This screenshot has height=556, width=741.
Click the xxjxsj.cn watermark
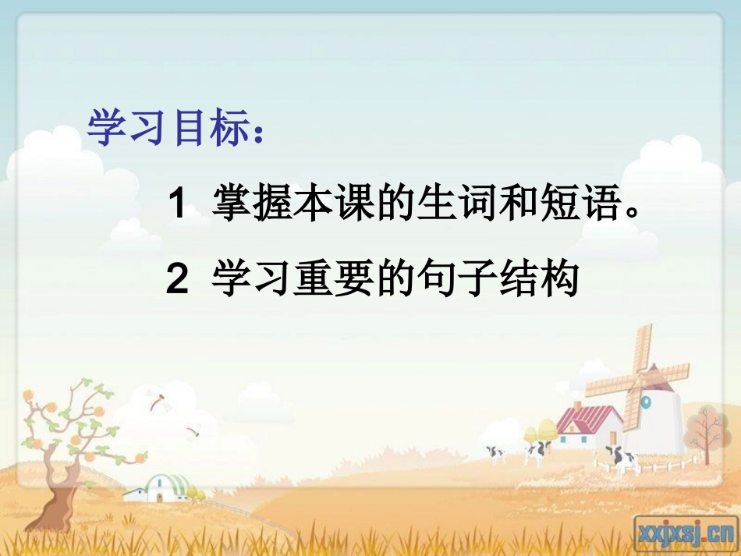(686, 533)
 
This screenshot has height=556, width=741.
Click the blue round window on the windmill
(646, 401)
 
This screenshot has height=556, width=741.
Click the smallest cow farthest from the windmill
(495, 454)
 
